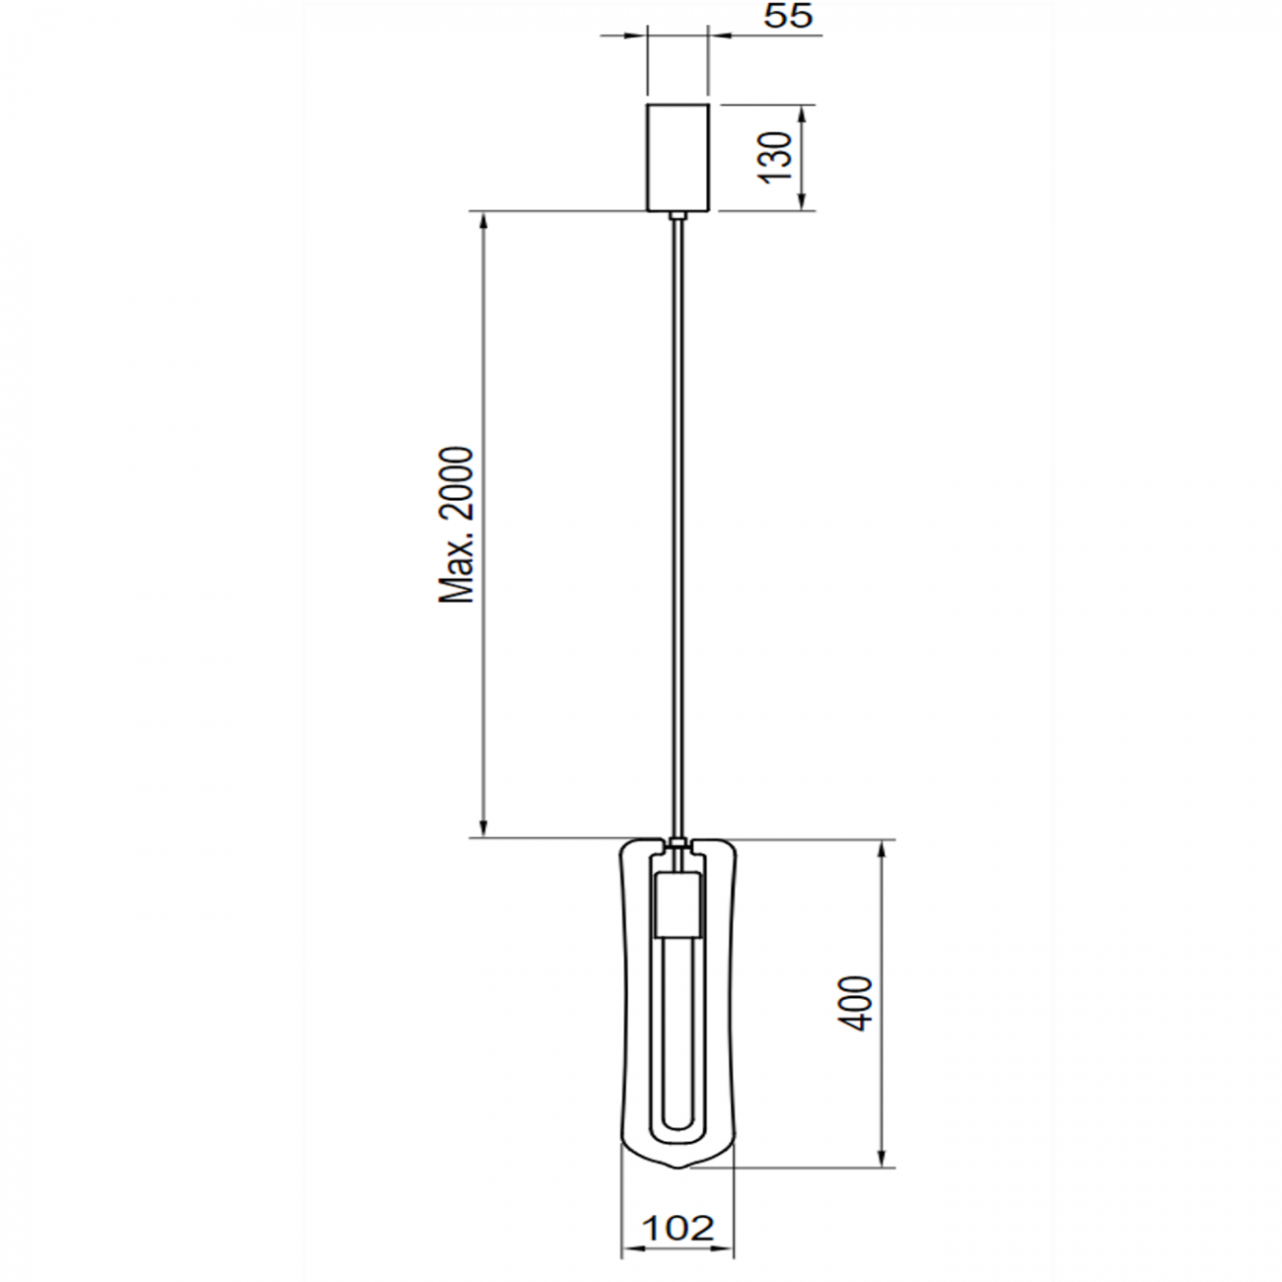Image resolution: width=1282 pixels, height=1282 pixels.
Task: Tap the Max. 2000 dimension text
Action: pos(457,525)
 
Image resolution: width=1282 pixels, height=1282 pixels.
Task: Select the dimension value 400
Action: pos(856,1003)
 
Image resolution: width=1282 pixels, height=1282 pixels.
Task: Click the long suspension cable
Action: pos(677,523)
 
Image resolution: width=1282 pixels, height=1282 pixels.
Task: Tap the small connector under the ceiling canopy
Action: pos(677,216)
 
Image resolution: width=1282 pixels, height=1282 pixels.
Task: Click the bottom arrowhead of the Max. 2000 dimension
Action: pos(483,828)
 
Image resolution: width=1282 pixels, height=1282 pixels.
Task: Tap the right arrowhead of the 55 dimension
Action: pos(718,36)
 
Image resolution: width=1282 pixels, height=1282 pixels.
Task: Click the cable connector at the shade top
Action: pos(677,844)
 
